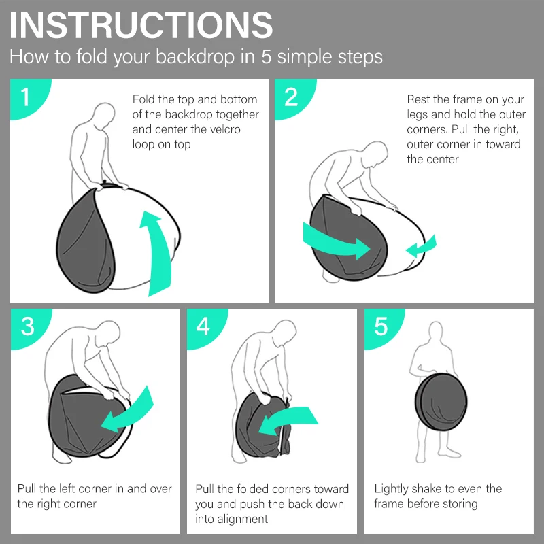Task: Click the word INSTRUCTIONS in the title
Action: click(x=141, y=25)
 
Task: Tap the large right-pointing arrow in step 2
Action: click(x=335, y=242)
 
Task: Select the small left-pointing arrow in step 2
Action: click(x=421, y=247)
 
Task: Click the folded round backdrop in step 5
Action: click(x=441, y=402)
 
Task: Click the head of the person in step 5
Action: click(x=436, y=331)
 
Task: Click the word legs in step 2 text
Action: click(x=418, y=115)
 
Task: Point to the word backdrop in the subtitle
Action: click(x=195, y=56)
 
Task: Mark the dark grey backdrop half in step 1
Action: click(x=86, y=243)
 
